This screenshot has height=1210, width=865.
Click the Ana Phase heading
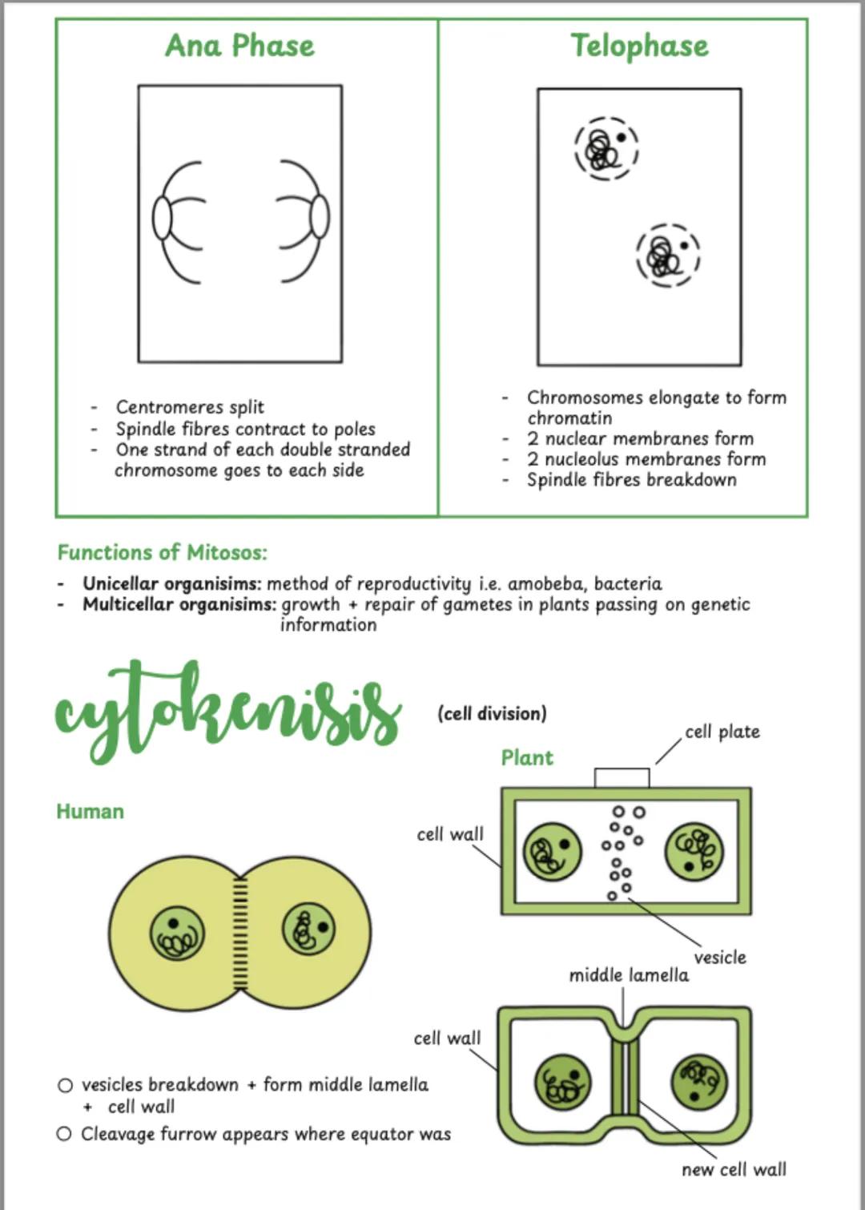coord(239,46)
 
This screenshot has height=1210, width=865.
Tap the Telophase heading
coord(639,46)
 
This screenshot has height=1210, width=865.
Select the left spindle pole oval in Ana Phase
coord(162,218)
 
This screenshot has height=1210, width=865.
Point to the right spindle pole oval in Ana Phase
coord(319,216)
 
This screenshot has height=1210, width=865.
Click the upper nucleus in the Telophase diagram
coord(605,148)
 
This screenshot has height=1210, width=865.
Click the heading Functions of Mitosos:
coord(162,552)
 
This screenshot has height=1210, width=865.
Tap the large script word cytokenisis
coord(228,709)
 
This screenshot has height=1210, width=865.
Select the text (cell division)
coord(492,713)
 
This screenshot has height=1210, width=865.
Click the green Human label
coord(90,811)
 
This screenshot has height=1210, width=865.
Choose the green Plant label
coord(527,757)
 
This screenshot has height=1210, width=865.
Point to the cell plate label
coord(722,732)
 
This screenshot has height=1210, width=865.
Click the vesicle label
coord(720,957)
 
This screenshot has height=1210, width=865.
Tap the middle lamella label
coord(629,975)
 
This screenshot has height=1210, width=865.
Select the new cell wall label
coord(734,1169)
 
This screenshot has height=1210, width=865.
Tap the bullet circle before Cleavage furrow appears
coord(65,1134)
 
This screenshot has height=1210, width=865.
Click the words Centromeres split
coord(190,407)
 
